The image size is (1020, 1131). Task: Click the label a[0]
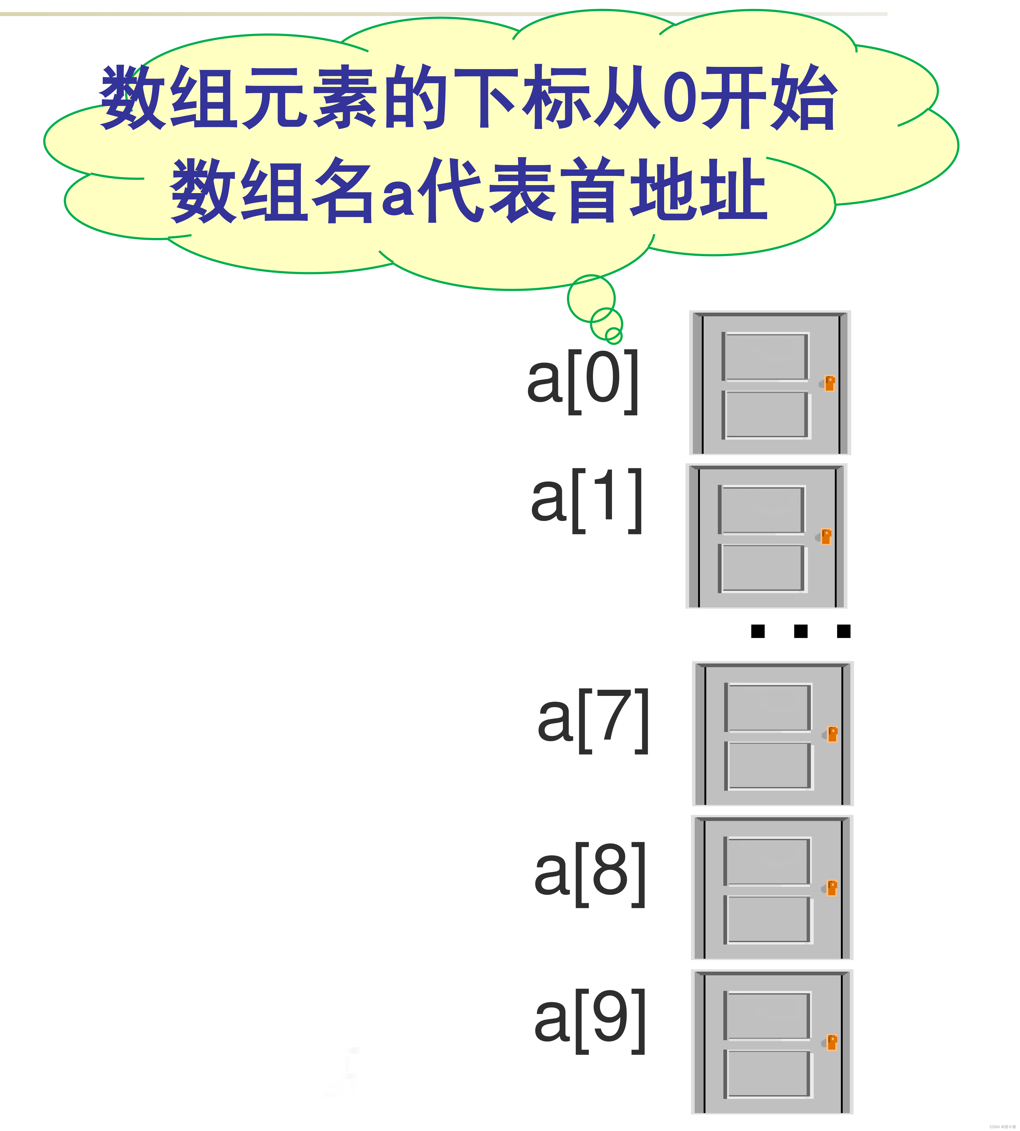click(583, 381)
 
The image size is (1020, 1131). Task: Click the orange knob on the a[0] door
click(830, 383)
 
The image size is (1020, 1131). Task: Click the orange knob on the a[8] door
click(832, 888)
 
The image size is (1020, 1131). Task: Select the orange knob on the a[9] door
click(832, 1043)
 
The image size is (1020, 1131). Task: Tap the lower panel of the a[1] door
click(762, 568)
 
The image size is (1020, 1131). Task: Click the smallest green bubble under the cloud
click(614, 336)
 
